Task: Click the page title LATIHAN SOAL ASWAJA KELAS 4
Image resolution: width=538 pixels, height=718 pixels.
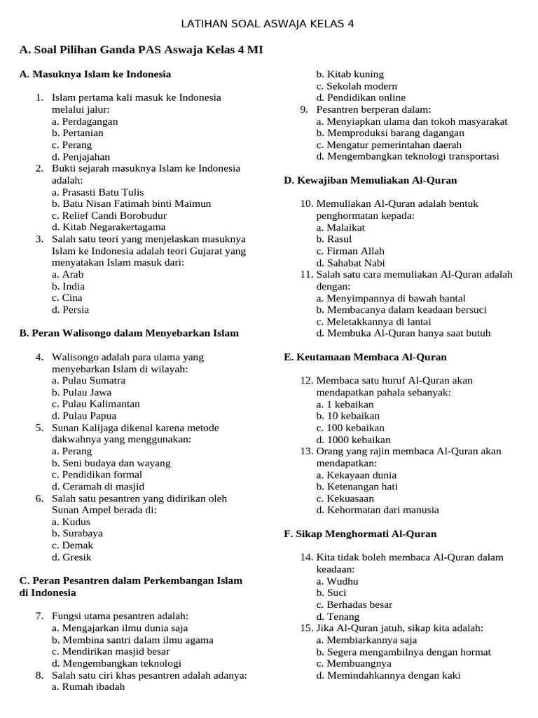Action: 268,24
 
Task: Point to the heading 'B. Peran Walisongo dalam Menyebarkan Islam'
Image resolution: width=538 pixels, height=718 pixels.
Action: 129,333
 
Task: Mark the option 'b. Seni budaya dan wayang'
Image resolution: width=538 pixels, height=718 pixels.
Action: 111,463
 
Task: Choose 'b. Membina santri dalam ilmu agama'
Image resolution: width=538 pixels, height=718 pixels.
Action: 132,639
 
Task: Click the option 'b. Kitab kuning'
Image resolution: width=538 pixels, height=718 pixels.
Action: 350,74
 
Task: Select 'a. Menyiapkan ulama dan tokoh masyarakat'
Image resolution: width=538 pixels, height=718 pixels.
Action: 412,121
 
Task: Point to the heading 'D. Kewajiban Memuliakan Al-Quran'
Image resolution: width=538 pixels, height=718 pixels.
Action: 370,180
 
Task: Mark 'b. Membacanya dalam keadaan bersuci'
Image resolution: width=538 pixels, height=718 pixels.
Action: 401,309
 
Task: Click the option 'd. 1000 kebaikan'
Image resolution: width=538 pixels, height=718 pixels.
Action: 353,440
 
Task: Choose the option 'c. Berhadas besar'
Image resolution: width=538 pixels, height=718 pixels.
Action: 354,604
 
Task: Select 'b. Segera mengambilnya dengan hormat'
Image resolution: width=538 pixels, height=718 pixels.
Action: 403,651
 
